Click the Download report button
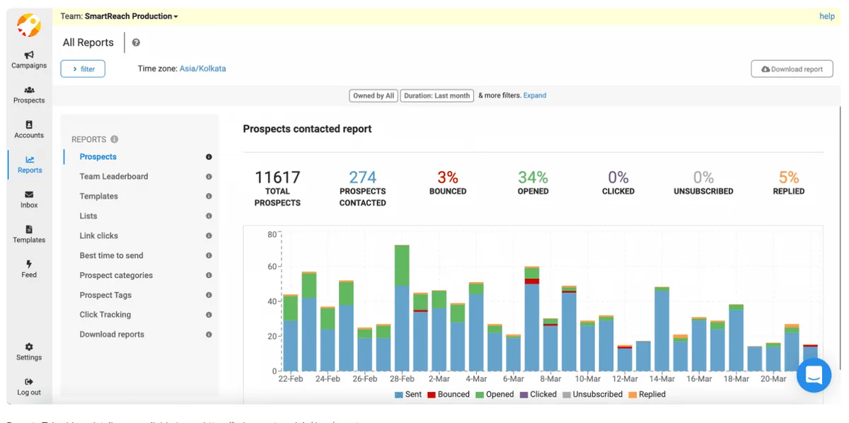[792, 69]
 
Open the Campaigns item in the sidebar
[29, 59]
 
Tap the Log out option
[29, 386]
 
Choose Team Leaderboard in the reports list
[114, 177]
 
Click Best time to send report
[111, 255]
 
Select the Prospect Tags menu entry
[105, 295]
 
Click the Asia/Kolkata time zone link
[202, 69]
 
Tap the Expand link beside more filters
[535, 95]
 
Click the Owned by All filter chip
[374, 95]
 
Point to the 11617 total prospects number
[277, 178]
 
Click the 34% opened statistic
[533, 178]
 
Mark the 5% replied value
[788, 178]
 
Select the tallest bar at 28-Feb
[402, 311]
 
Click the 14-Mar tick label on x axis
[662, 379]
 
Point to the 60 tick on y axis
[271, 267]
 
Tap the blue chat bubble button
[814, 375]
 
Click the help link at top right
[826, 16]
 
